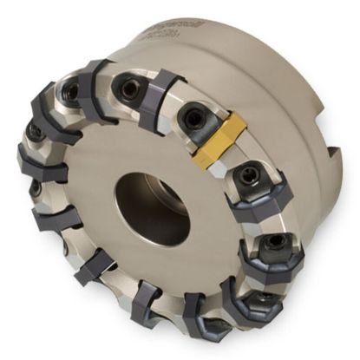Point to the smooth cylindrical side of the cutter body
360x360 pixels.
coord(286,95)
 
